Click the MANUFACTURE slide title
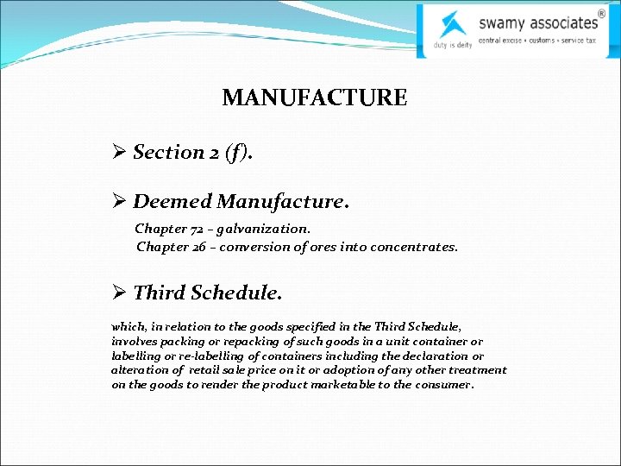click(314, 98)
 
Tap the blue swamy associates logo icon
click(451, 23)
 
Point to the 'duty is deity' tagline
click(452, 45)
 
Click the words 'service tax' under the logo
click(578, 41)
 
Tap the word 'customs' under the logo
click(542, 41)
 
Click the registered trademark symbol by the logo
click(601, 12)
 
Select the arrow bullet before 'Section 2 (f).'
click(120, 153)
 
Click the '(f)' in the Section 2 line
click(237, 153)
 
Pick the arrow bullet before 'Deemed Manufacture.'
click(120, 202)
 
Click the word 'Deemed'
click(172, 202)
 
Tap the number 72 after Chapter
click(199, 229)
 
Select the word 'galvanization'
click(262, 229)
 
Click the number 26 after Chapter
click(201, 247)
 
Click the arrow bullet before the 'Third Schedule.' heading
click(120, 293)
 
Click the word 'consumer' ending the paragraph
click(443, 385)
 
